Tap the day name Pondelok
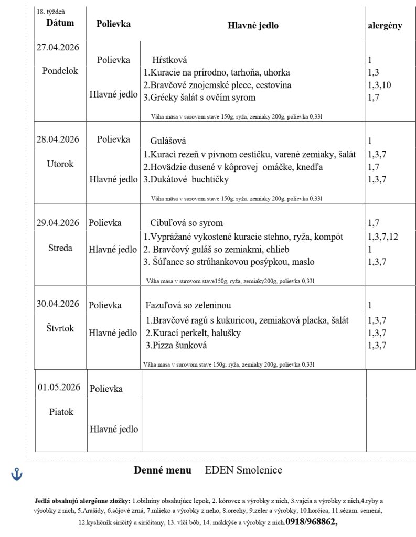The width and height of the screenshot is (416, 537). click(60, 71)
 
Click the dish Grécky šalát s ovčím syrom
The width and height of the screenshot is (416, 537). click(200, 97)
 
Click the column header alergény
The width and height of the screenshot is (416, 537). click(385, 25)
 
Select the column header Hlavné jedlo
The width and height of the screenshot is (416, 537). click(253, 25)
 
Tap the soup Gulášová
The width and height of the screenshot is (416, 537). click(168, 141)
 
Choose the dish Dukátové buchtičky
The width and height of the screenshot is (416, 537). click(186, 179)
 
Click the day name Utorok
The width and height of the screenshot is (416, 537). click(60, 164)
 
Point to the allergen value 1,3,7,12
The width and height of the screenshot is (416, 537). click(383, 237)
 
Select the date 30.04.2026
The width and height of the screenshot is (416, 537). click(58, 304)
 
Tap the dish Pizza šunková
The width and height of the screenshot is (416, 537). click(176, 345)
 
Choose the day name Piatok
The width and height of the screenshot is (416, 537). click(61, 412)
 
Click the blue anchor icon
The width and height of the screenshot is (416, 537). click(17, 475)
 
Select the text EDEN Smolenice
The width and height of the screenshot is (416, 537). click(243, 470)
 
